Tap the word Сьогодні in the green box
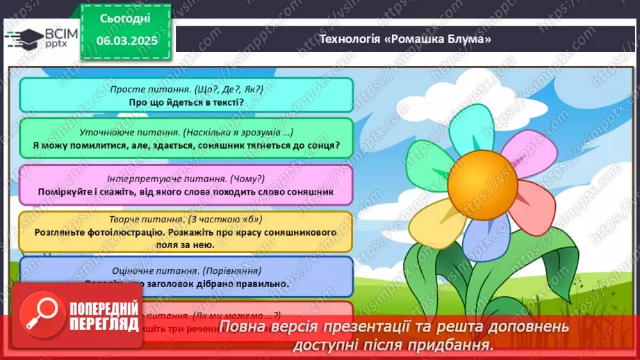click(x=125, y=18)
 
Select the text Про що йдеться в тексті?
click(x=186, y=101)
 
